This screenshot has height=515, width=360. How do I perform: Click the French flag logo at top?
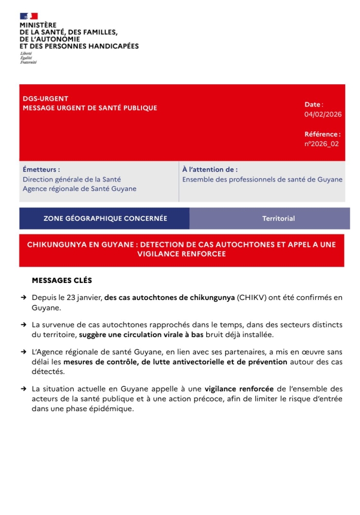[29, 16]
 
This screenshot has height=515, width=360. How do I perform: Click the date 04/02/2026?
[322, 114]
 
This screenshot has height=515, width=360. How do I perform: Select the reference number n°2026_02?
[321, 144]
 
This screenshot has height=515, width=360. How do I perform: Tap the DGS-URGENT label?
[45, 99]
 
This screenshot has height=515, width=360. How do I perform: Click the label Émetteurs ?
[41, 169]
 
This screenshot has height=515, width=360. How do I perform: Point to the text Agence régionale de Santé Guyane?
[79, 189]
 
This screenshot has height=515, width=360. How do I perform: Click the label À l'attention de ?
[210, 169]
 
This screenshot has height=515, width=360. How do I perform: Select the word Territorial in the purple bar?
[278, 219]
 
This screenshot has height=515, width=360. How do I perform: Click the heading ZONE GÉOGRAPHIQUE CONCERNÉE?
[105, 219]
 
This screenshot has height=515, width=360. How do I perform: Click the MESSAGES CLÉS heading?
[62, 280]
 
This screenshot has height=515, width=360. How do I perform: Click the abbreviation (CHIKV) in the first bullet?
[251, 298]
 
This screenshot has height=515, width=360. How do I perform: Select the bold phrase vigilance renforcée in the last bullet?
[239, 389]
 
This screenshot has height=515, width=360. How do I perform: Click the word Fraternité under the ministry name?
[28, 62]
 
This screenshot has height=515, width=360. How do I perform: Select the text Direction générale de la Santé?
[71, 180]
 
